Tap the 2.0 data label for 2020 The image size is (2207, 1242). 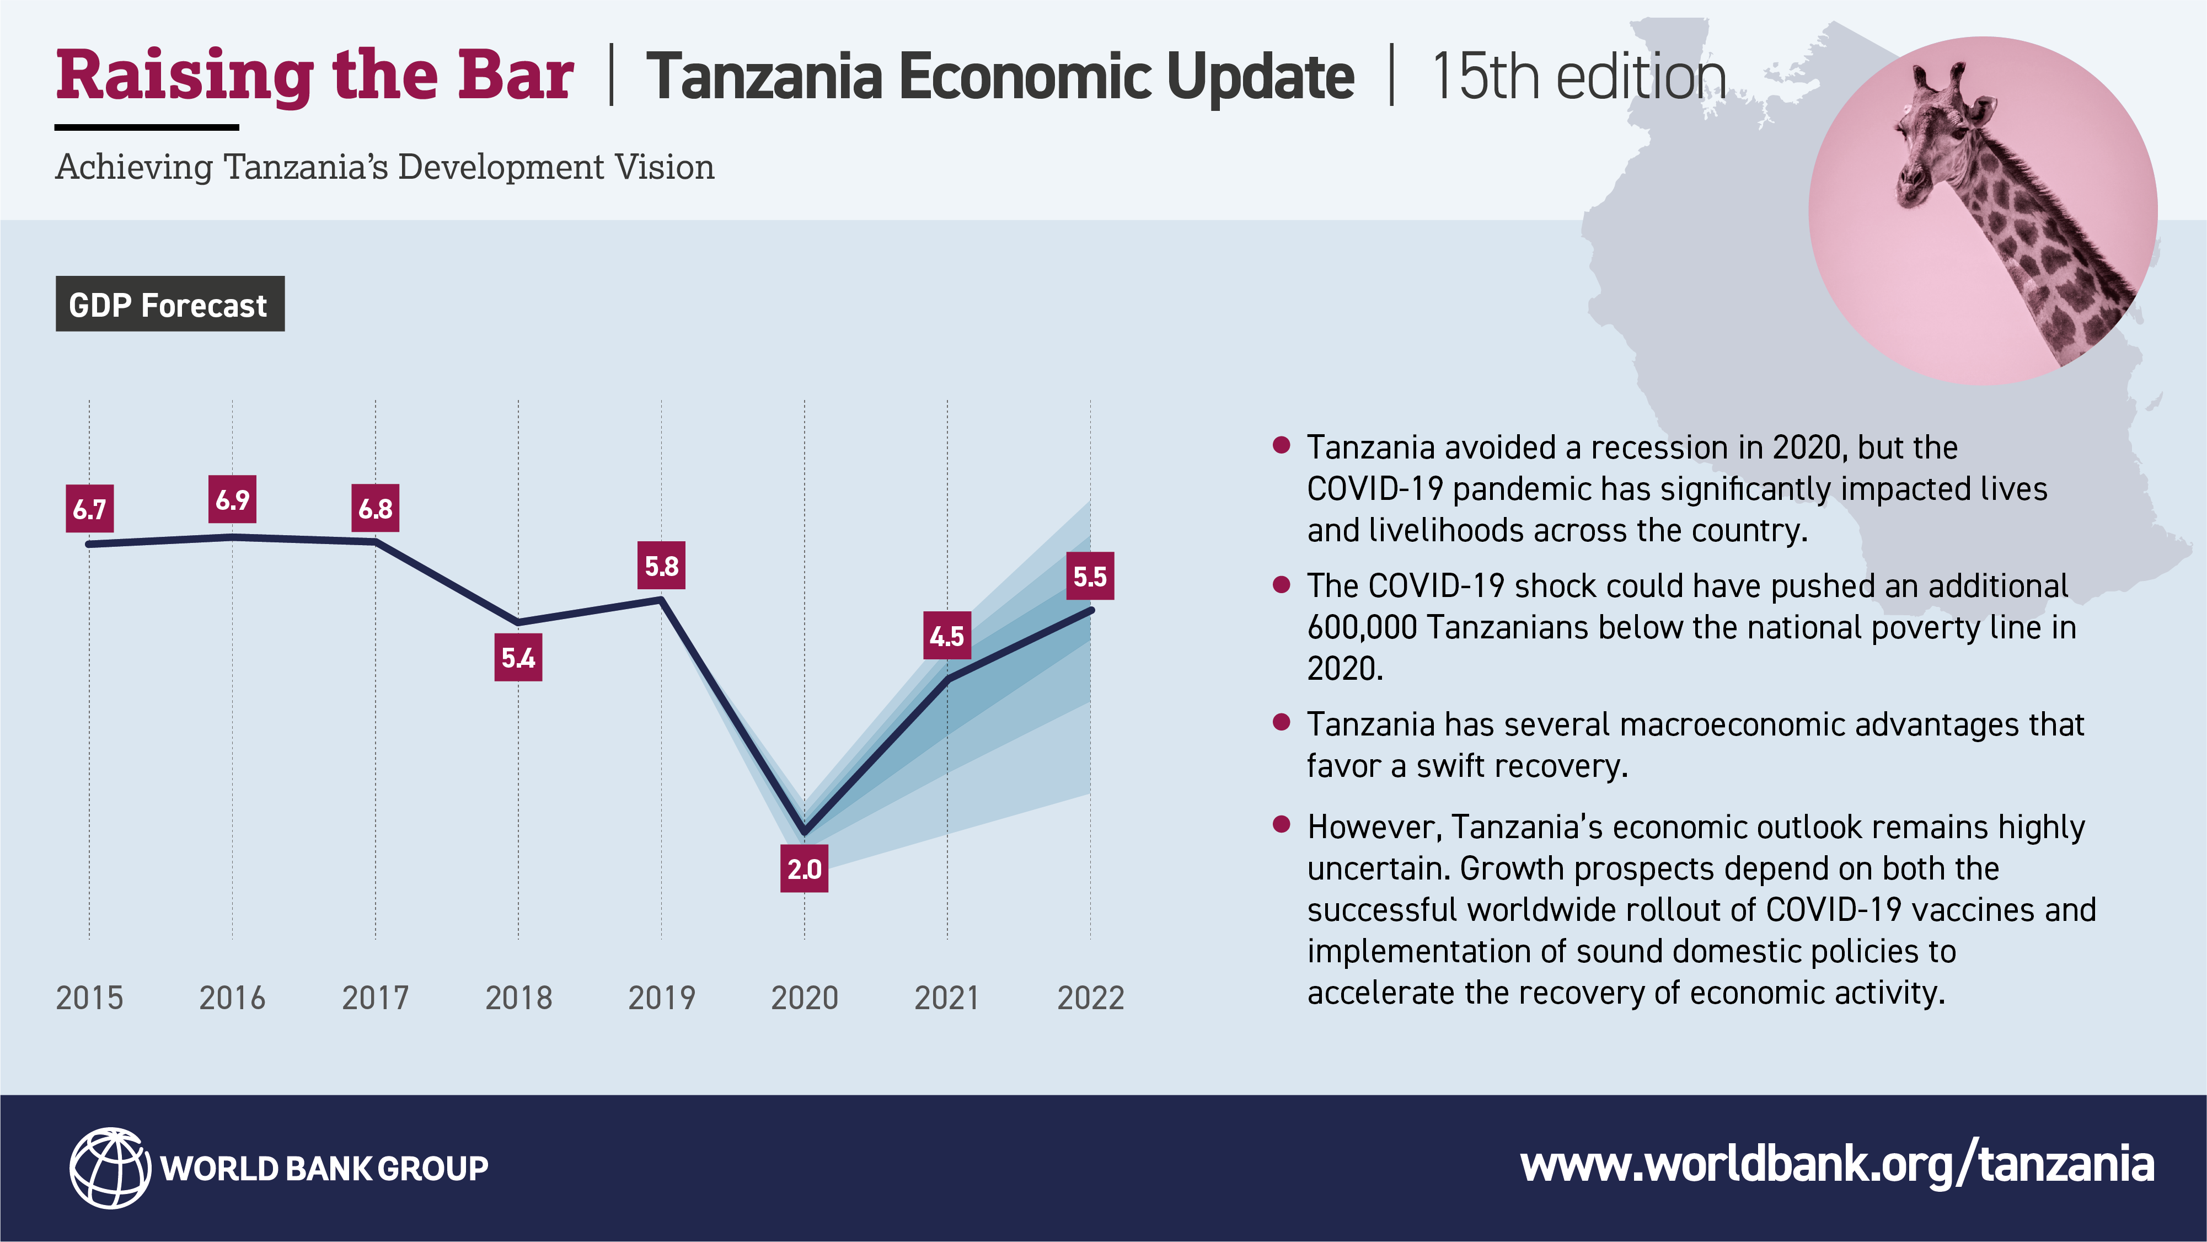(803, 868)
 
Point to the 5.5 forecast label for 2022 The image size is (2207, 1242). (1090, 576)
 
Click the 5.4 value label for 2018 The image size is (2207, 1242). (518, 658)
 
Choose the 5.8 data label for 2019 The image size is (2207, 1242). (661, 565)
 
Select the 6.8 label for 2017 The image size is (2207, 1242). (375, 508)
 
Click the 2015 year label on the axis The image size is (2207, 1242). (89, 998)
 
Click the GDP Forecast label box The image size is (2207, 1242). (170, 303)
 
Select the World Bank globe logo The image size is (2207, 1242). (110, 1168)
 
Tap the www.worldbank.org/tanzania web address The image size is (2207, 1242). (1837, 1166)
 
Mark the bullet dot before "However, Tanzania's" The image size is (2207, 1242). (1282, 824)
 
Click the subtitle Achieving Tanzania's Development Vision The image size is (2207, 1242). (385, 167)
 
